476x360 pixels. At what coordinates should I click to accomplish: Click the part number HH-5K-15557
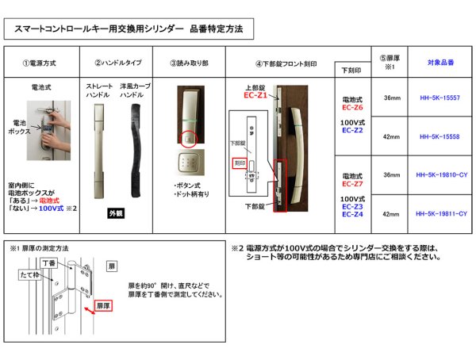(438, 98)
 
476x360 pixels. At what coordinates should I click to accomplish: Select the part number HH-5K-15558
(438, 136)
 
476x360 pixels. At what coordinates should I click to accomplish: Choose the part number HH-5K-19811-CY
(438, 213)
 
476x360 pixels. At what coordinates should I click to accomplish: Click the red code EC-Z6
(352, 107)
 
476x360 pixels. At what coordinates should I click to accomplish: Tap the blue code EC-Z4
(352, 213)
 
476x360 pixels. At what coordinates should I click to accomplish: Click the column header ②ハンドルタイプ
(119, 63)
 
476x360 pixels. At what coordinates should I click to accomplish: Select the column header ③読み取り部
(190, 63)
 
